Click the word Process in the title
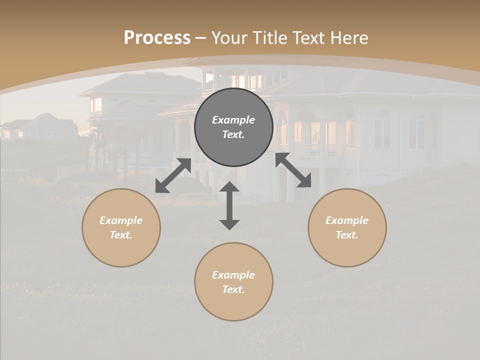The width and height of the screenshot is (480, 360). coord(157,38)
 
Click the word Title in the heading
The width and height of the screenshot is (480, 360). coord(269,38)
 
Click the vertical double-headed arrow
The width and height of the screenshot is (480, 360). coord(229,206)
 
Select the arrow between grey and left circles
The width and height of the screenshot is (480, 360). coord(173,175)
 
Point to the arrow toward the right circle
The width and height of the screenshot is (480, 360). coord(293,170)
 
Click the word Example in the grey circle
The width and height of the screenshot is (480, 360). coord(233,120)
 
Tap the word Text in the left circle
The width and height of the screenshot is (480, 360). coord(121,235)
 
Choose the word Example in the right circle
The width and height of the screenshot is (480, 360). coord(347,220)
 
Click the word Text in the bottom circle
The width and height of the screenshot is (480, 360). coord(233,289)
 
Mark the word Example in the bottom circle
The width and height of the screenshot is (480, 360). coord(233,275)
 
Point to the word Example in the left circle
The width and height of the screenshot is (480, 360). coord(121,220)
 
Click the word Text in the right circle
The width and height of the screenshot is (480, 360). coord(347,235)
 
